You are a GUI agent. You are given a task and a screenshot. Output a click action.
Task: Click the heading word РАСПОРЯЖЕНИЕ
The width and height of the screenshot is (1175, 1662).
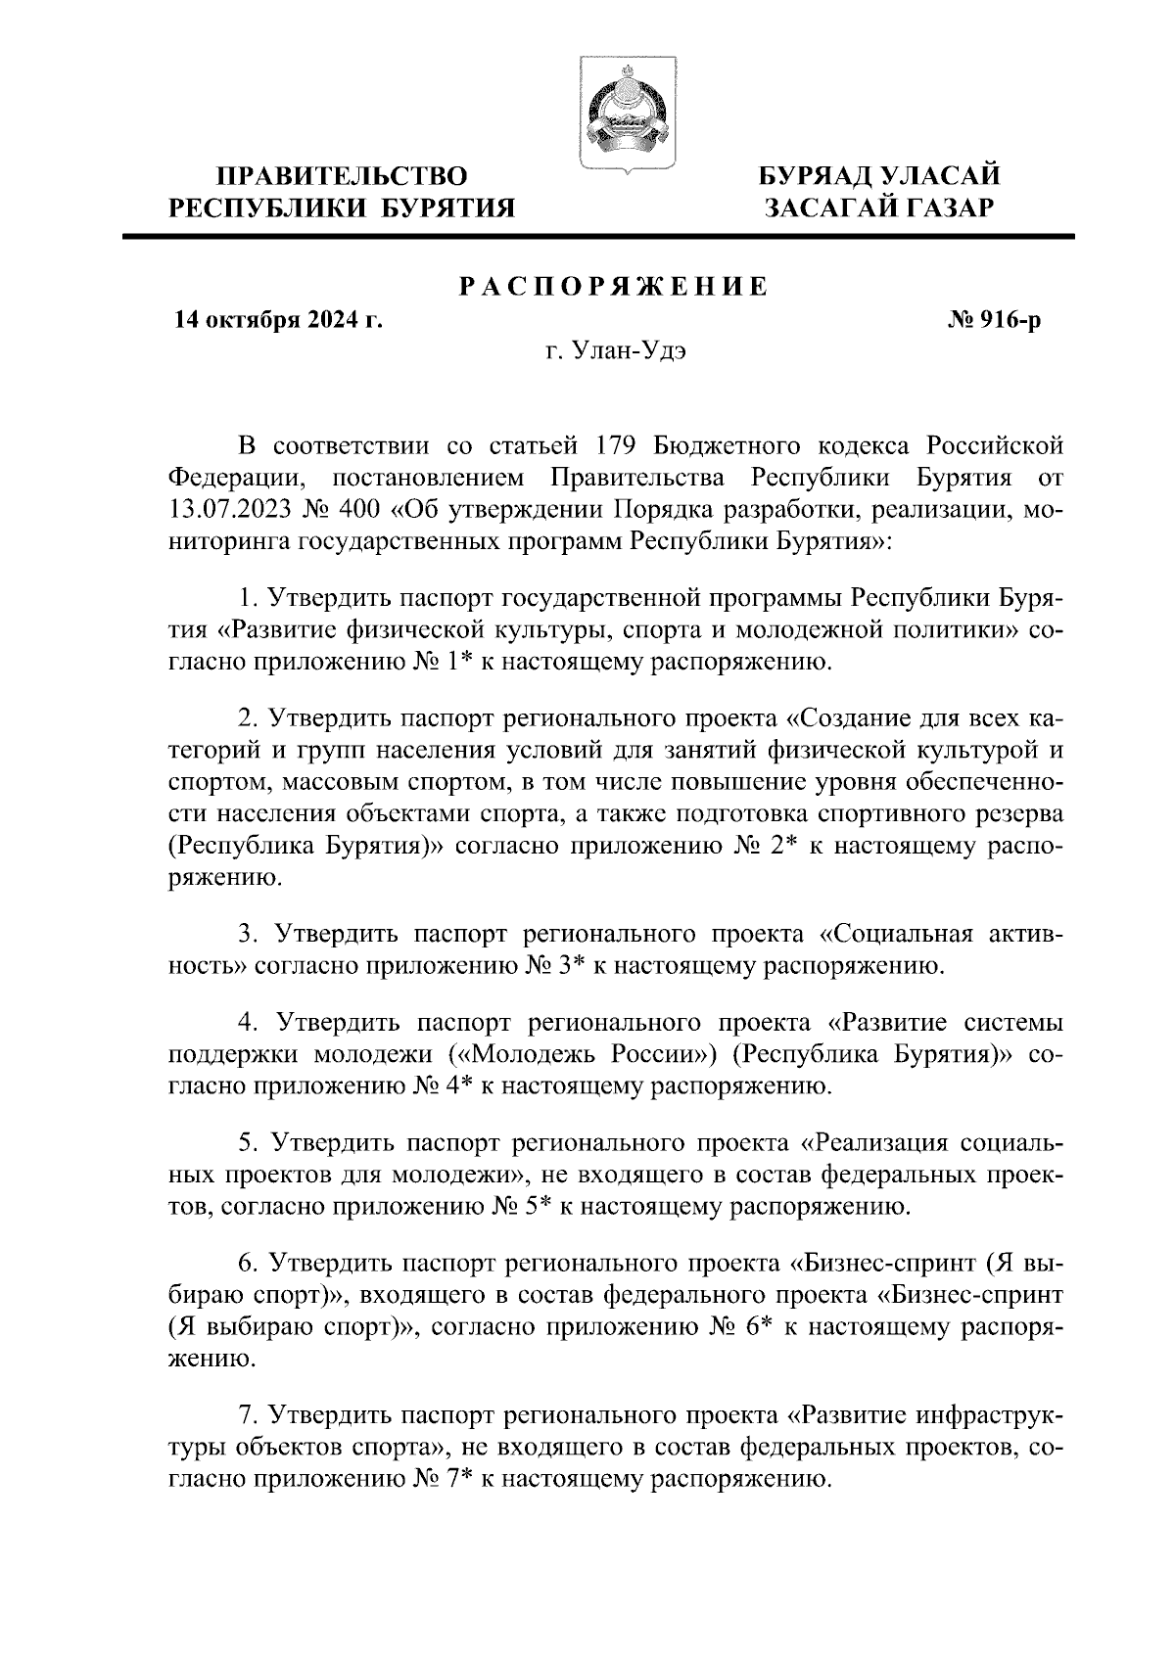coord(614,287)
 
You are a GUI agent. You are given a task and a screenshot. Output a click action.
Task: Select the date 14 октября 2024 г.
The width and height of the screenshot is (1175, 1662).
coord(277,319)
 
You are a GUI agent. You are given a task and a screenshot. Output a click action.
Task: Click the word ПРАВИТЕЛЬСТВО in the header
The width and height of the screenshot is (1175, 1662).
coord(342,176)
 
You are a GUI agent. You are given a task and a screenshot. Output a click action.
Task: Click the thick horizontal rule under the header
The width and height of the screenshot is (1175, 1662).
coord(597,236)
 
